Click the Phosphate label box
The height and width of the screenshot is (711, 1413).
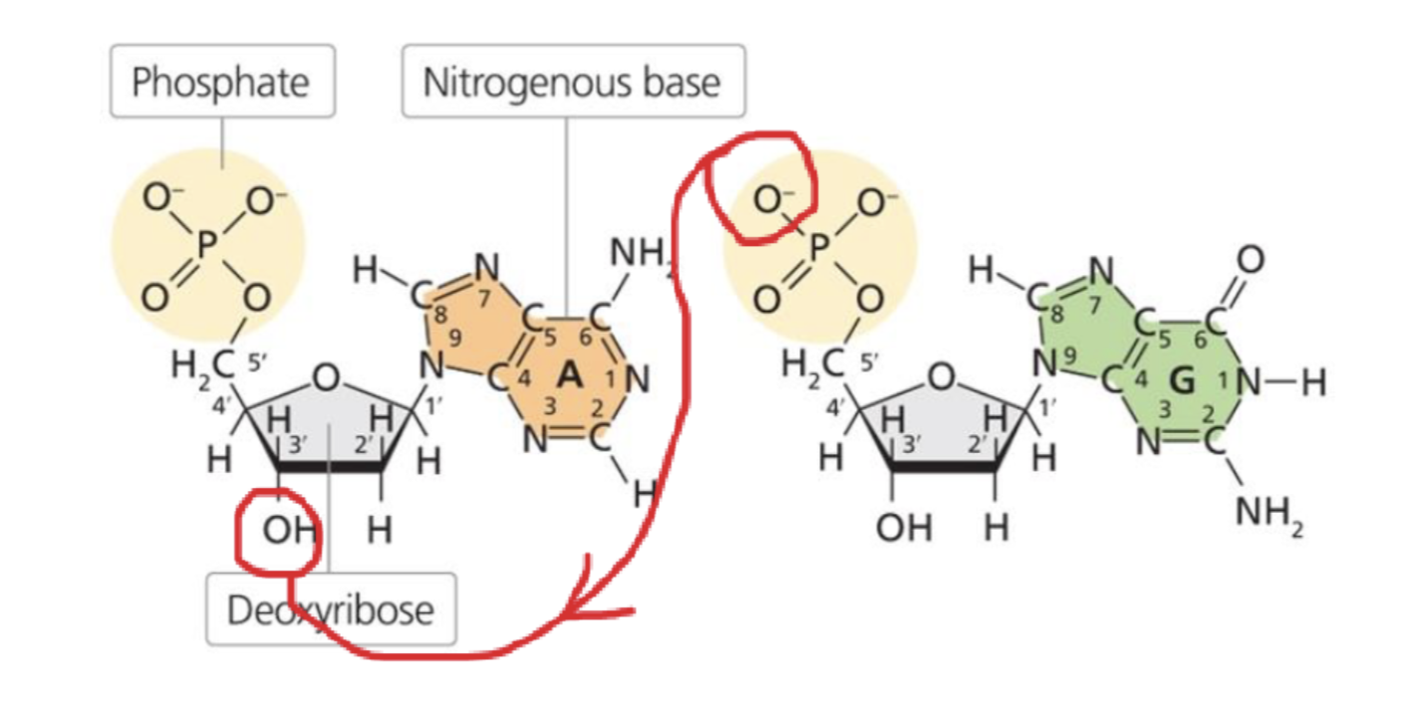[221, 82]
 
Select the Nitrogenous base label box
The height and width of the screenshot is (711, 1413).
[572, 82]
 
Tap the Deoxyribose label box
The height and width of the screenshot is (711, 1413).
[330, 608]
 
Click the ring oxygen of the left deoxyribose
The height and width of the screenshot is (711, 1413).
[324, 376]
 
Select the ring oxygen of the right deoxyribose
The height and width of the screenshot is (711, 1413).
[940, 376]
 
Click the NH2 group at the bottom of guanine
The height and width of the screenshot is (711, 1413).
[1269, 514]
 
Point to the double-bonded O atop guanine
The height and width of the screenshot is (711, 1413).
[1251, 260]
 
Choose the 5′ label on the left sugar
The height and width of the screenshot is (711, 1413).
[257, 364]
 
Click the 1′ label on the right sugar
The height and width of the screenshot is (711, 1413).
[1046, 405]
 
